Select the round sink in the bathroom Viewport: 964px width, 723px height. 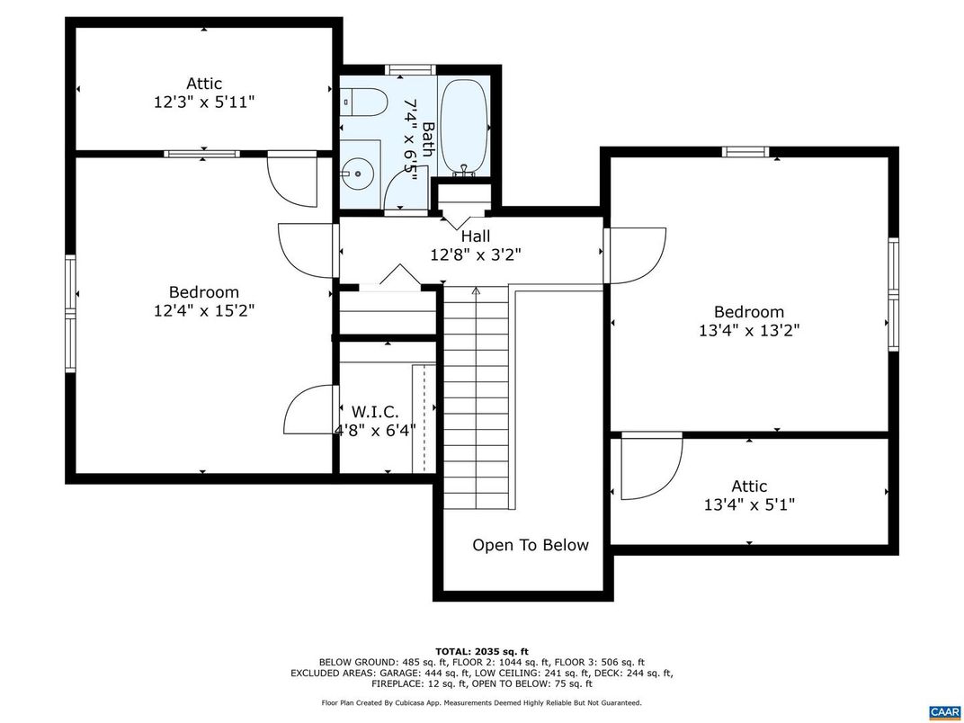pos(360,169)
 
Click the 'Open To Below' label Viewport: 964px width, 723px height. pos(531,545)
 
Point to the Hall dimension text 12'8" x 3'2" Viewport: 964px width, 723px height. pos(475,254)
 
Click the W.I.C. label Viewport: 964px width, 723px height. pos(375,412)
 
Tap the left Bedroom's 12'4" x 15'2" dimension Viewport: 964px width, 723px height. pos(204,311)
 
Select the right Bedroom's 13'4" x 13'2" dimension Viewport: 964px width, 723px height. pos(749,330)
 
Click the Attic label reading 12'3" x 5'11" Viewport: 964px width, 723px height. pos(204,103)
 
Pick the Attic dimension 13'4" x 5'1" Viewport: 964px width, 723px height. pos(749,504)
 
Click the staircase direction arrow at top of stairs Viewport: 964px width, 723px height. pos(477,290)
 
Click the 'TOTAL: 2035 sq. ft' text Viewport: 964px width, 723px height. pos(482,651)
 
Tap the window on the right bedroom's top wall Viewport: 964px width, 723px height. pos(746,152)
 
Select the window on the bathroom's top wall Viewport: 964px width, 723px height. pos(411,69)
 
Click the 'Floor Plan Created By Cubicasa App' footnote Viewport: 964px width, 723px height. pos(482,702)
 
